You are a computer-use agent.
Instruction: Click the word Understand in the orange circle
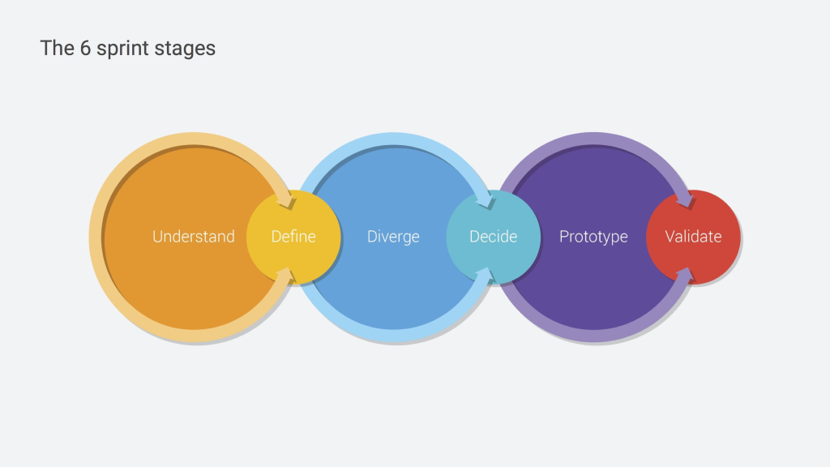point(193,237)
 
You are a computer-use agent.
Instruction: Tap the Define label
point(293,237)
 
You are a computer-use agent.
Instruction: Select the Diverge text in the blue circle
point(393,237)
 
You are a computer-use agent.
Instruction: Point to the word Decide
point(493,237)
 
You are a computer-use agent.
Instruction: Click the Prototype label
point(593,237)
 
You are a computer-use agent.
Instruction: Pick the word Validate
point(693,237)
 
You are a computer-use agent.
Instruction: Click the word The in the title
point(57,49)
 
